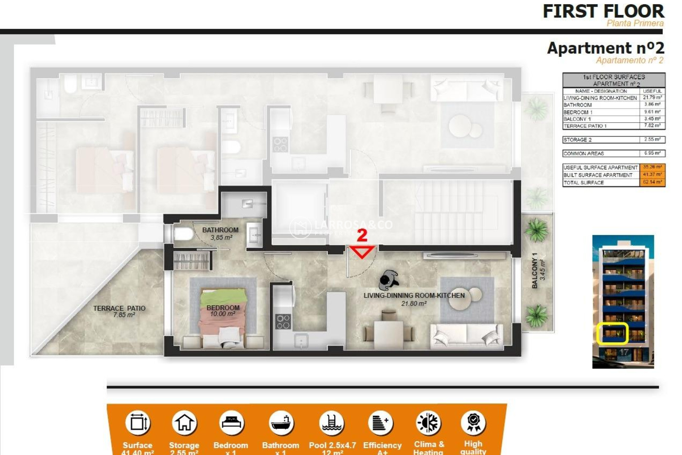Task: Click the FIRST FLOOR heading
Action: point(603,11)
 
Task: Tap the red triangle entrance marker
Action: point(362,251)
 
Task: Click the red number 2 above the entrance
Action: point(362,235)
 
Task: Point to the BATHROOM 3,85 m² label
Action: point(220,234)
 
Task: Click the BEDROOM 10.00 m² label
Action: point(223,311)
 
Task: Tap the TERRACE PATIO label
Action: point(119,311)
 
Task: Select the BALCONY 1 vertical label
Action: point(538,270)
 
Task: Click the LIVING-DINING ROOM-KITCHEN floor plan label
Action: point(414,299)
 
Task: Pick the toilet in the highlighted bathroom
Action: point(183,234)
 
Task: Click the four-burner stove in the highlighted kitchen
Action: point(283,321)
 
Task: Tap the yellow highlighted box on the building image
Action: point(612,333)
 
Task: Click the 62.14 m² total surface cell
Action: point(652,182)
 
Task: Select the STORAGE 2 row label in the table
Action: point(578,140)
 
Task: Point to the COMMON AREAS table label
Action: point(583,154)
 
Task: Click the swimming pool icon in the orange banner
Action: point(332,423)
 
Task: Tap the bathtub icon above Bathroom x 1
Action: point(281,423)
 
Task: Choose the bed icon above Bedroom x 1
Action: point(231,423)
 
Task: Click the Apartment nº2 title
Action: point(605,48)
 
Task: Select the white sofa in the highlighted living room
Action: point(466,336)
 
